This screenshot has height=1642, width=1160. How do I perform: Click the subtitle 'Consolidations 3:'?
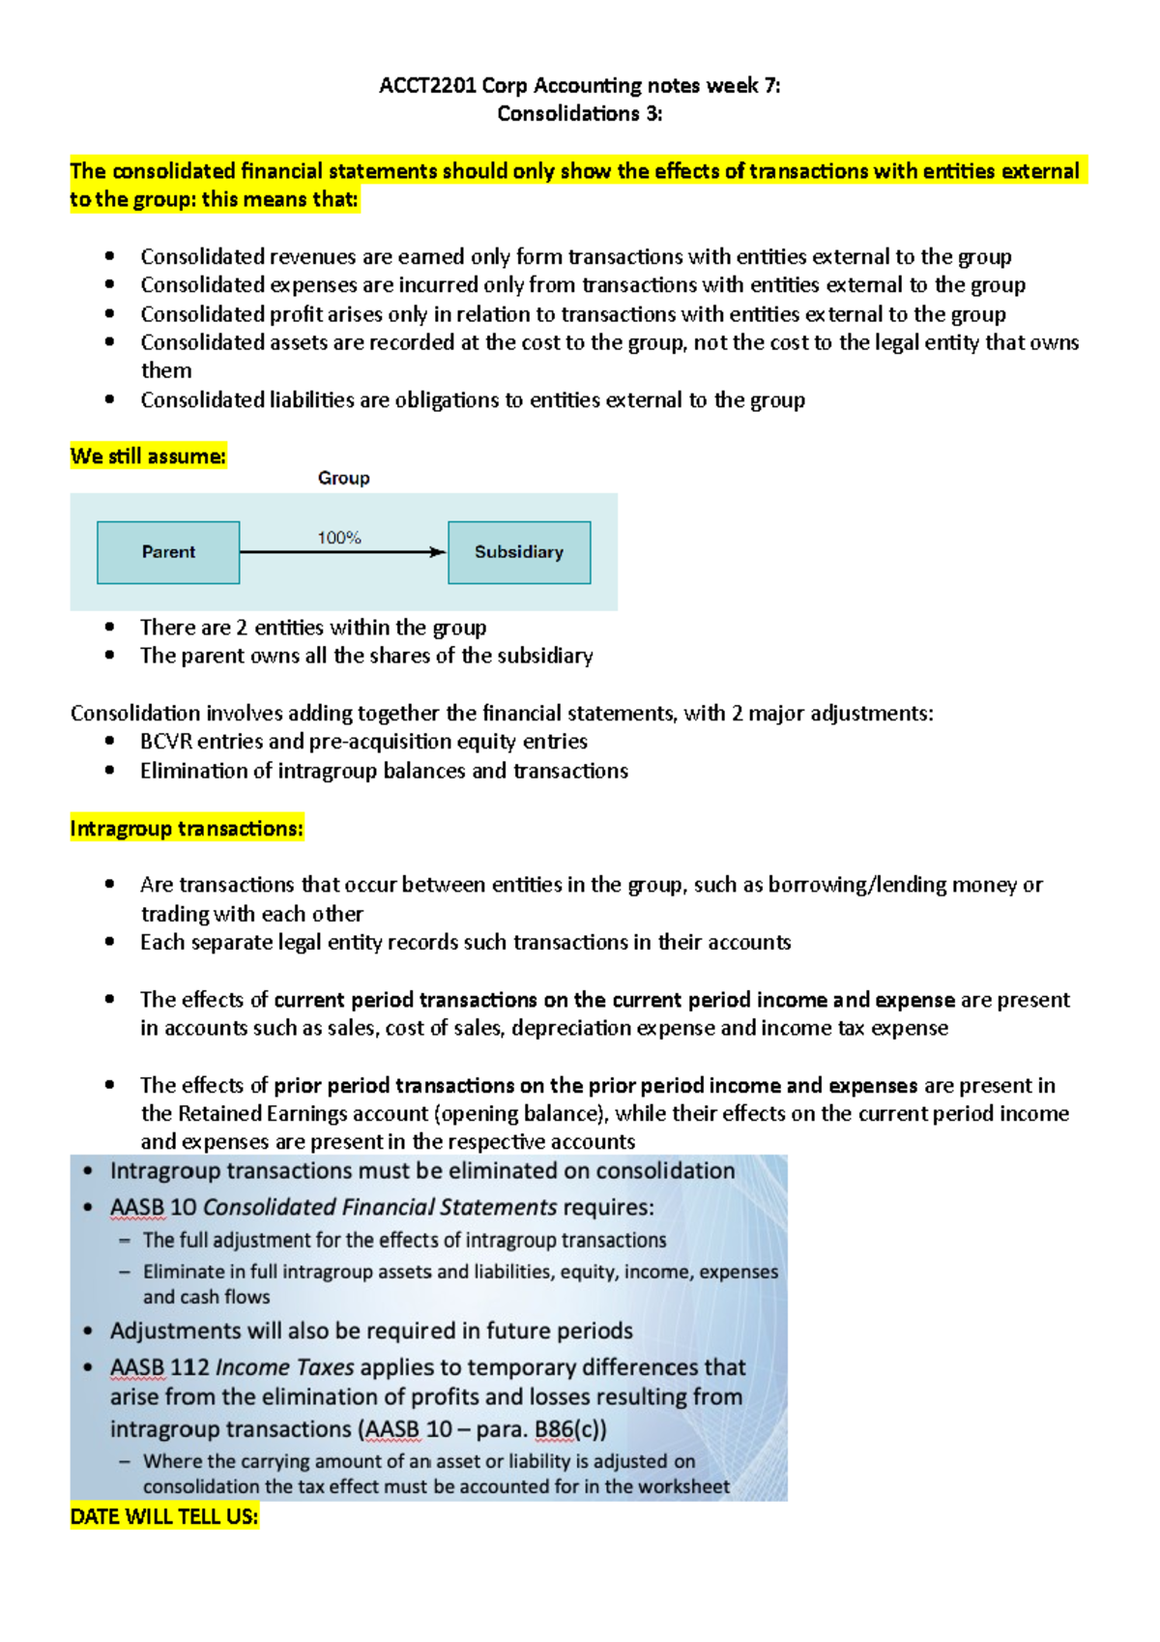[579, 114]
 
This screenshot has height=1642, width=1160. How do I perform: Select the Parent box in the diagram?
[168, 552]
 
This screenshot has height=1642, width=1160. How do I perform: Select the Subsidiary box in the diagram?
[519, 552]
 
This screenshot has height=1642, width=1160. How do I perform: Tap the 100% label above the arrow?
[339, 538]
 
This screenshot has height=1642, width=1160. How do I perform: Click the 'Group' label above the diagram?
[343, 478]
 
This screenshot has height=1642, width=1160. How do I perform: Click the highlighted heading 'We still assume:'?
[148, 456]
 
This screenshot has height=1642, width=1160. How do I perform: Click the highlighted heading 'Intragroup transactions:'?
[187, 829]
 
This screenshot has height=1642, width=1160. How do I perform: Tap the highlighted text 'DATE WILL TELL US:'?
[164, 1516]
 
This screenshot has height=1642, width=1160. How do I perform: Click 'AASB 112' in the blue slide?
[159, 1367]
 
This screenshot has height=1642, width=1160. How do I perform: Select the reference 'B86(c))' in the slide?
[570, 1429]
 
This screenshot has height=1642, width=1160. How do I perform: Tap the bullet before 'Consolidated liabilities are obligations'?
[110, 399]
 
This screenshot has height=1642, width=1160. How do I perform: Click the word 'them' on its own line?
[166, 371]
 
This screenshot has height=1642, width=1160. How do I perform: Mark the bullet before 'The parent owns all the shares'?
[110, 656]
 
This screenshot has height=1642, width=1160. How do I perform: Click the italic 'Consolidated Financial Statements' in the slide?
[380, 1208]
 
